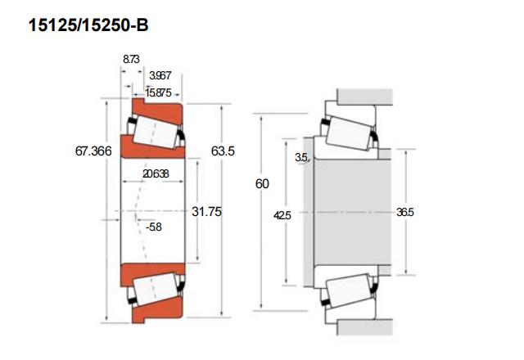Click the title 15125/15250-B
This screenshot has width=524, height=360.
[x=88, y=25]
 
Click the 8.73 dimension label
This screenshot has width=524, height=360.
[x=131, y=59]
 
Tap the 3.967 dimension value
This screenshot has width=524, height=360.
[x=160, y=75]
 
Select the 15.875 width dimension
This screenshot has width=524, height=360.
[x=158, y=92]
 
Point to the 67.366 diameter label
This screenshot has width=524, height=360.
[x=93, y=151]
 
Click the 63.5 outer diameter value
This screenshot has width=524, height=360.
[x=223, y=151]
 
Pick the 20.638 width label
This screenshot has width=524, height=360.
[x=156, y=173]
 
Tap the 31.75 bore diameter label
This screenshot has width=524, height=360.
[x=206, y=211]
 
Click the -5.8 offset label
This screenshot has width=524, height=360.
[x=154, y=227]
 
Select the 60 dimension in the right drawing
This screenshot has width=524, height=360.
[x=262, y=183]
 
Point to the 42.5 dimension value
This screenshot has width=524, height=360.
[x=282, y=215]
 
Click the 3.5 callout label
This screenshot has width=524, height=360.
[x=301, y=157]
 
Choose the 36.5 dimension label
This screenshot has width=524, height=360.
[x=405, y=212]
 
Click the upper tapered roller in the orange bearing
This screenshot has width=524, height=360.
[x=156, y=133]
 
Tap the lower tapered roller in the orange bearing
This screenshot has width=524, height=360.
[x=156, y=289]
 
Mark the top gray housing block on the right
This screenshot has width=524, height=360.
[x=364, y=97]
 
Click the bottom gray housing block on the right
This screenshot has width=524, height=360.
[x=364, y=327]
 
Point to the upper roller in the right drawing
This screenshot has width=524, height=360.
[x=350, y=133]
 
